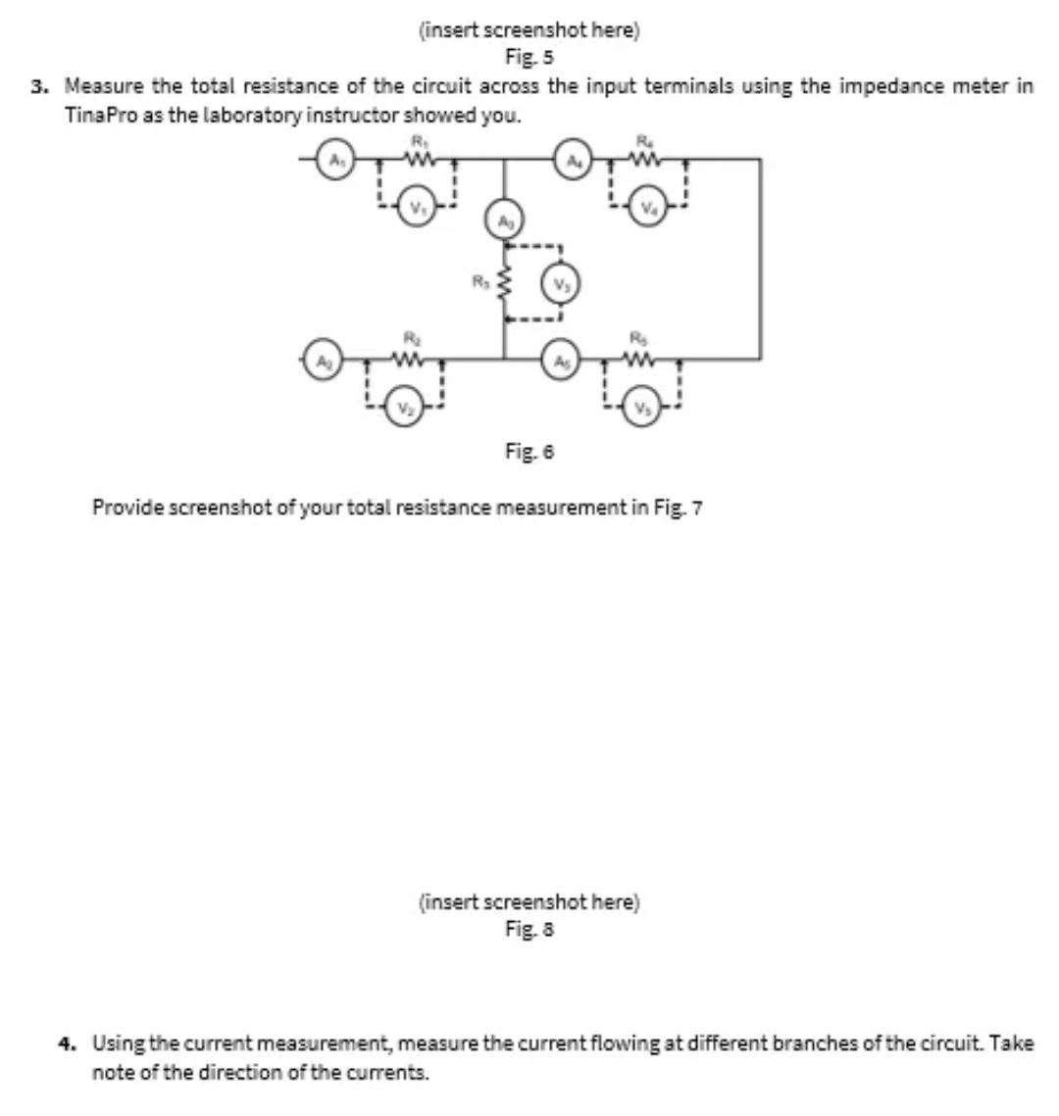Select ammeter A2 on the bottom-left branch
click(x=319, y=360)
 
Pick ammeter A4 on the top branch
click(x=572, y=161)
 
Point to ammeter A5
click(x=561, y=360)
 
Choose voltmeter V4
click(x=648, y=209)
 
